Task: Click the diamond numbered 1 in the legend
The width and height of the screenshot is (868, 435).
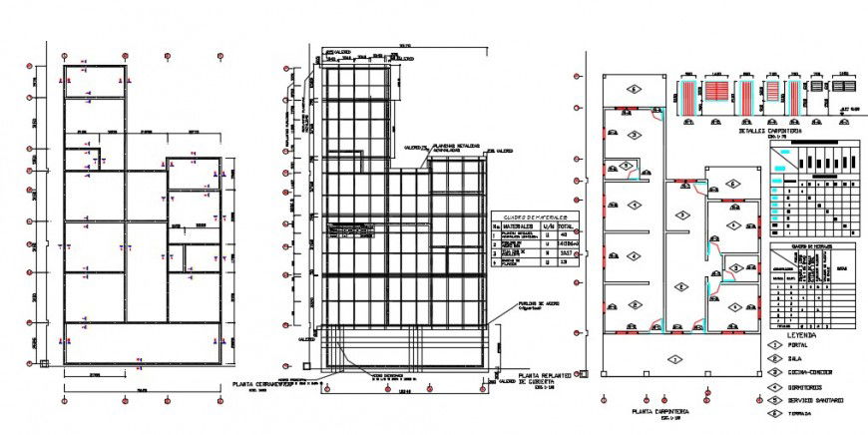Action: [x=775, y=345]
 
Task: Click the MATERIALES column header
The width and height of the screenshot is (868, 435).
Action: [x=516, y=226]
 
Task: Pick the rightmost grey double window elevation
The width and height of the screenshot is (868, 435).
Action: [x=843, y=88]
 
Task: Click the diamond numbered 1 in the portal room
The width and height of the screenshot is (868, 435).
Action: [x=674, y=357]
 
